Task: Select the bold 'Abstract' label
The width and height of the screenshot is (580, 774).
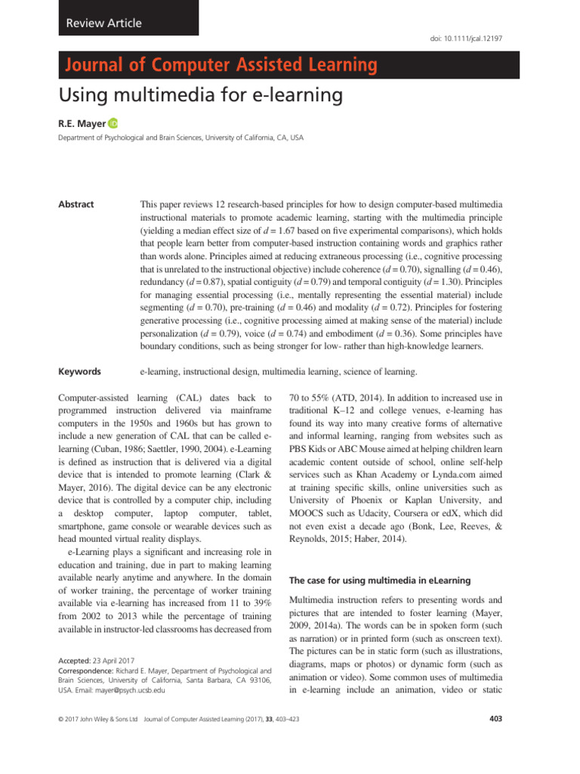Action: pos(76,204)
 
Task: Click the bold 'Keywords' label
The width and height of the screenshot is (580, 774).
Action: pos(79,371)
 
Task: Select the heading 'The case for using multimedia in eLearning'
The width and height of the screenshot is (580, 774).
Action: pos(381,580)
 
